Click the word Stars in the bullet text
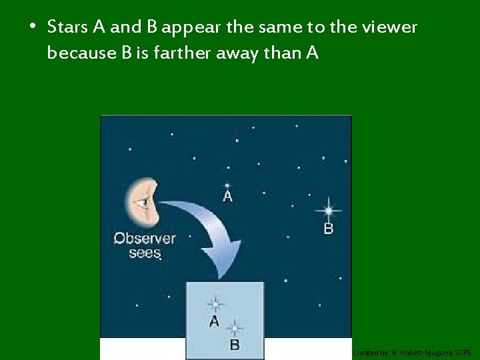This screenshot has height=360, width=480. coord(69,27)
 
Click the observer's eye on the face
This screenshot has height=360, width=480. coord(144,201)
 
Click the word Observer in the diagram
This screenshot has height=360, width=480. coord(145,238)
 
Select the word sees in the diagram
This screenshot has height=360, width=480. coord(145,253)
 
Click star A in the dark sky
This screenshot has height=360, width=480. coord(227,185)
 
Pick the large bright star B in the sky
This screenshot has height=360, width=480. coord(328,211)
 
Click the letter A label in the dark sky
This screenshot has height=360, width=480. coord(227,197)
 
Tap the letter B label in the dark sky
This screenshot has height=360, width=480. coord(328,229)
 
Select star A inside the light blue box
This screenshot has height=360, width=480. coord(215,305)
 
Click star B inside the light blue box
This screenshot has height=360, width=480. coord(234,328)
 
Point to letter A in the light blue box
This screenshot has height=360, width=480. coord(214,321)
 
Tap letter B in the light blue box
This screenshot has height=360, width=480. coord(234,345)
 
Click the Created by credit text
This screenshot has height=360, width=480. coord(411,352)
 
